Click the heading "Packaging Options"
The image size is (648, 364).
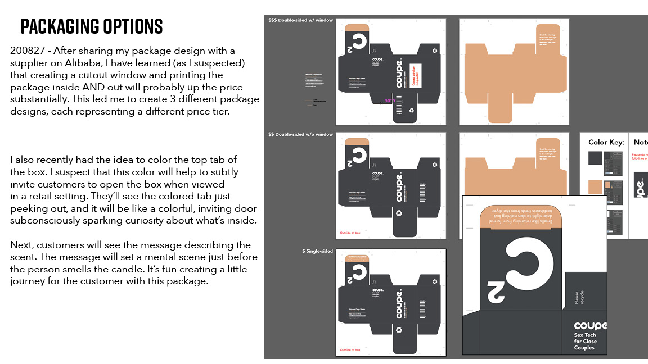(x=91, y=26)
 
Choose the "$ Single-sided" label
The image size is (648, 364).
(x=317, y=251)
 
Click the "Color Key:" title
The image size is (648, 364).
(x=606, y=142)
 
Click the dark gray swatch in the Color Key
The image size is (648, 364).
(x=596, y=158)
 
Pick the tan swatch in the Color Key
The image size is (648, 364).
(x=596, y=187)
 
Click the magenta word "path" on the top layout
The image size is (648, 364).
(x=389, y=101)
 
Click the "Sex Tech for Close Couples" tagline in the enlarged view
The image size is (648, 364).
(x=586, y=341)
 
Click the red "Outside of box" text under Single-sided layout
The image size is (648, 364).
(x=353, y=350)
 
